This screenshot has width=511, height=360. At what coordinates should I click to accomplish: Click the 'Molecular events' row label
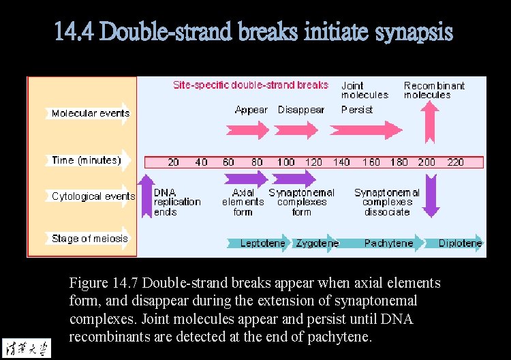tap(90, 113)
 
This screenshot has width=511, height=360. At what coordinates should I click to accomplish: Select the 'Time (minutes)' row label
tap(86, 160)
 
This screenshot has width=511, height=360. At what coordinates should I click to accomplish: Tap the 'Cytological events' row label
tap(93, 196)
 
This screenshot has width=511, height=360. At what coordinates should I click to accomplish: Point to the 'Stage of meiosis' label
tap(89, 239)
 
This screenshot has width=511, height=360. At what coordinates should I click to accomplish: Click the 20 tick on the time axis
tap(174, 162)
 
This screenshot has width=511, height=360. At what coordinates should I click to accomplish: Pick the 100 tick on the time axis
tap(285, 162)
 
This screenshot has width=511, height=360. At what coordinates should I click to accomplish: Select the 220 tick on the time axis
tap(455, 162)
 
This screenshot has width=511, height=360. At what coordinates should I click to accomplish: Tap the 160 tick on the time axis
tap(371, 162)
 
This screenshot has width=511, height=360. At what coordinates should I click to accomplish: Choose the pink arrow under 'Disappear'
tap(297, 130)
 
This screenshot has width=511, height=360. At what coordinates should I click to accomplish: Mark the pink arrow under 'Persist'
tap(366, 130)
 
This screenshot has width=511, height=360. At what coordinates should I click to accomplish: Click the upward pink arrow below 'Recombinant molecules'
tap(429, 123)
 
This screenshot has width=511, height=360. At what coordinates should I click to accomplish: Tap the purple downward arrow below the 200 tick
tap(430, 195)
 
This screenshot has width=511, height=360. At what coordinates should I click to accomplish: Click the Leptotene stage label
tap(262, 243)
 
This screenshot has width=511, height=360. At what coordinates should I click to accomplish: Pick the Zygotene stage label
tap(317, 243)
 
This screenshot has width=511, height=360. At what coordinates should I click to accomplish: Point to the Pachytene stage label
tap(388, 243)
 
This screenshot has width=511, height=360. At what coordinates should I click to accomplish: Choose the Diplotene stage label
tap(460, 243)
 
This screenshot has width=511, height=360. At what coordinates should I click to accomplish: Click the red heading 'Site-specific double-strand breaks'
tap(250, 85)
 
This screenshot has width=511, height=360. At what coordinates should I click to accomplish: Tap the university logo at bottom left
tap(27, 346)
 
